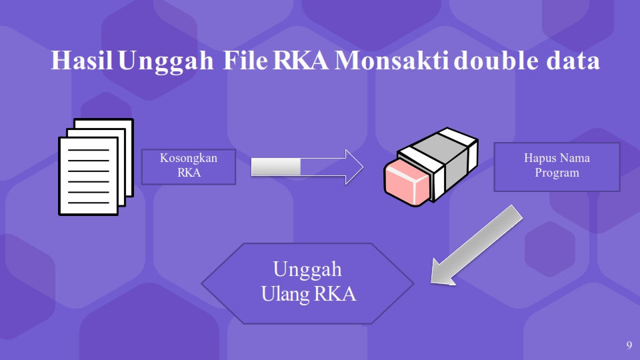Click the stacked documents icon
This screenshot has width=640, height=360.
95,167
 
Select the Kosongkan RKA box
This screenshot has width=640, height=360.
189,166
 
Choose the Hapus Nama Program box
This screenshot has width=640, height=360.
557,167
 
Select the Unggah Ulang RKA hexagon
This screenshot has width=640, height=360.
307,283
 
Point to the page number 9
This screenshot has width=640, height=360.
629,345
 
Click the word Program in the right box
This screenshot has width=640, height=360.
557,173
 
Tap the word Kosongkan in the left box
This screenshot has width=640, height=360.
189,159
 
